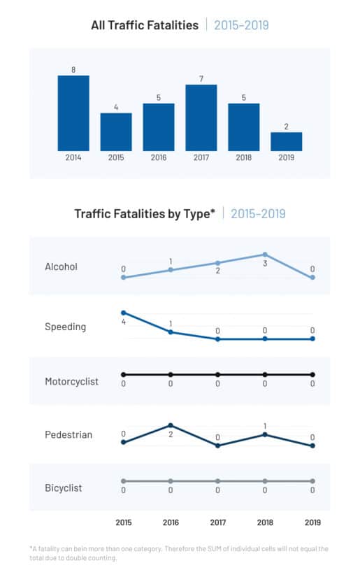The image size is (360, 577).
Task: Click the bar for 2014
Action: (x=73, y=113)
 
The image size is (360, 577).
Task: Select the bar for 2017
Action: (x=201, y=117)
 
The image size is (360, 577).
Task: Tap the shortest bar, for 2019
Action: (x=287, y=142)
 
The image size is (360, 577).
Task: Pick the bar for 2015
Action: (x=116, y=132)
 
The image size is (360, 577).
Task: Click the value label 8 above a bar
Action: (x=73, y=70)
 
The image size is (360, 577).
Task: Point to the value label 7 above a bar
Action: (x=201, y=79)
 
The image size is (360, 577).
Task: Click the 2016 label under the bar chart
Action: (x=159, y=157)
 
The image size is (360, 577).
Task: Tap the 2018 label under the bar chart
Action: (x=244, y=157)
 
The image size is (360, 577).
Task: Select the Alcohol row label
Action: (x=61, y=266)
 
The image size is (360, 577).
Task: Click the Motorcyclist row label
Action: (x=72, y=382)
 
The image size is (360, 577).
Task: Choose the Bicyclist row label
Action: (x=63, y=488)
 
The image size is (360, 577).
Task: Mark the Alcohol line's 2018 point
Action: (x=265, y=255)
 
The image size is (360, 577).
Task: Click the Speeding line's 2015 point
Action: (x=124, y=313)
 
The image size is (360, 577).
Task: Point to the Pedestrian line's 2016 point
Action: (x=171, y=425)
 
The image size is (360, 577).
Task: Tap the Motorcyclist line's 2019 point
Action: (x=312, y=375)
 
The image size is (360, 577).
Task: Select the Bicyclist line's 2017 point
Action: (x=217, y=481)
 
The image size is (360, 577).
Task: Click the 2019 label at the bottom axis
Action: (x=312, y=522)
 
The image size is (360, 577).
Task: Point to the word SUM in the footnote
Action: (x=214, y=548)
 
